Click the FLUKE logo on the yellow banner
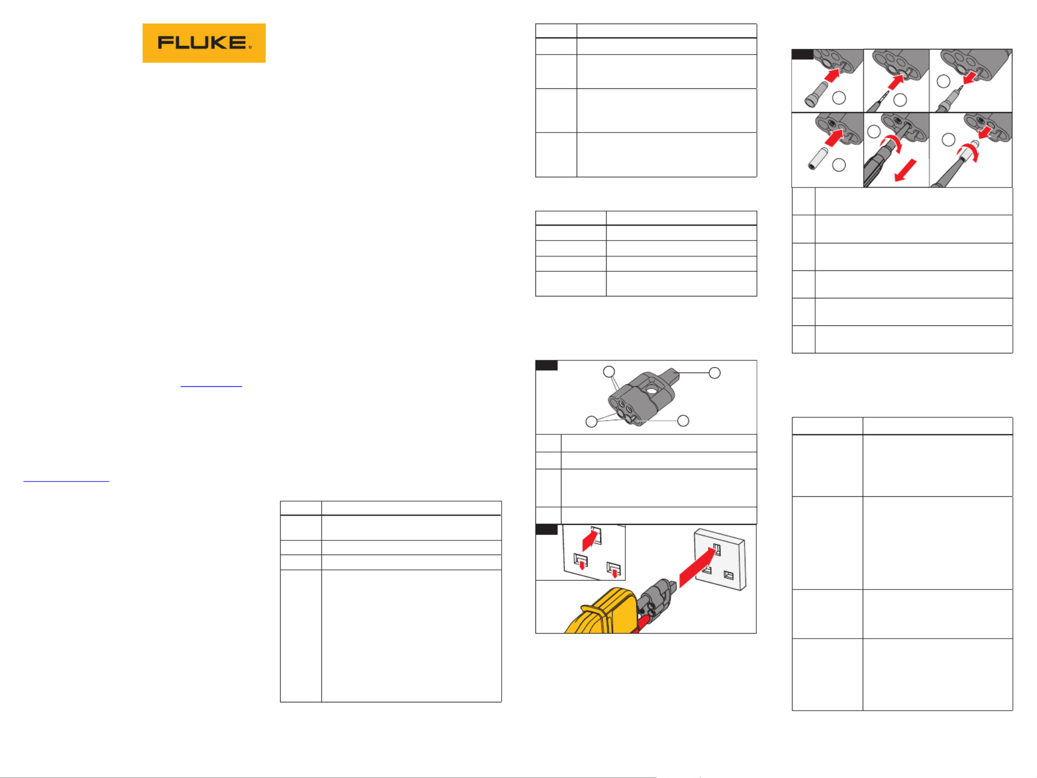(204, 43)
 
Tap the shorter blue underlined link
(211, 386)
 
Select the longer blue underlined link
(66, 481)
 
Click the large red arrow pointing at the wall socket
(697, 567)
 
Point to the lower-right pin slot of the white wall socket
(729, 575)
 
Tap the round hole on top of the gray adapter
(651, 391)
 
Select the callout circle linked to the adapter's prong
(715, 373)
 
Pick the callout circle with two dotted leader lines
(609, 372)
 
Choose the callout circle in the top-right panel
(943, 81)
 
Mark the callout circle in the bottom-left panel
(839, 165)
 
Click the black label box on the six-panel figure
(802, 54)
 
